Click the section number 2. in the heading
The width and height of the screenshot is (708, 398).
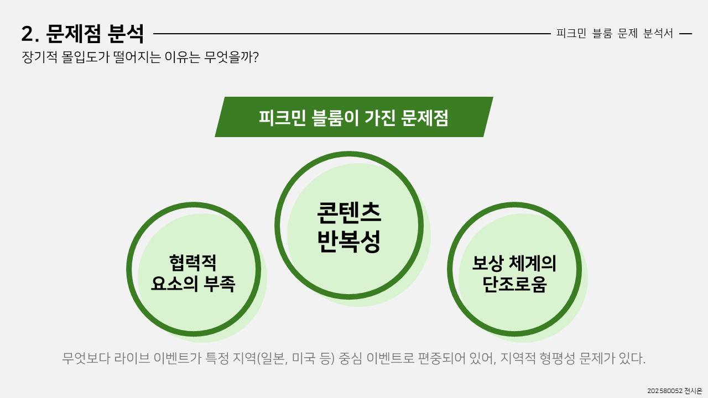(x=30, y=34)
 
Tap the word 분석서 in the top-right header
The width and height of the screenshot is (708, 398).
(x=658, y=33)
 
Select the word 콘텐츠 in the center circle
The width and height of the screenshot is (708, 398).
(x=349, y=213)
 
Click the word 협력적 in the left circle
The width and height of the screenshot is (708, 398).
(x=192, y=262)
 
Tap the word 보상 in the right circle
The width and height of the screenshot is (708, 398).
(x=486, y=263)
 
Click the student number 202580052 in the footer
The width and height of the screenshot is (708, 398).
(x=664, y=391)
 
